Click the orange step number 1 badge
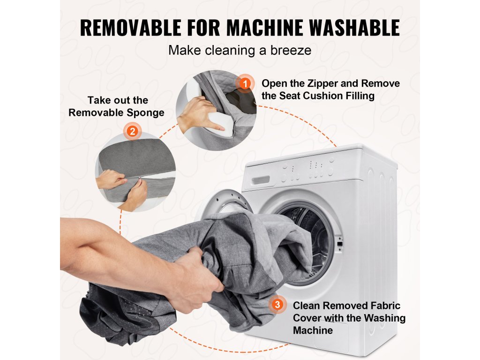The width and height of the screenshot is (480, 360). (x=245, y=83)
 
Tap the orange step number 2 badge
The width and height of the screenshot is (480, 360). (x=132, y=131)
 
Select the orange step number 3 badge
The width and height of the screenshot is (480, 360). (x=277, y=305)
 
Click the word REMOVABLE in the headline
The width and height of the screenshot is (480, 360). (x=131, y=28)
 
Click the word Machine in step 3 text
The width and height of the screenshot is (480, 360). (x=313, y=330)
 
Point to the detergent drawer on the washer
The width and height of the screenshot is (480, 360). (x=260, y=180)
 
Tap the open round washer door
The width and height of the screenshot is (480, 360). (x=226, y=202)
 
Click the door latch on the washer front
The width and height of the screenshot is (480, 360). (x=339, y=243)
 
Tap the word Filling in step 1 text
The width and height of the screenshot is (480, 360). (x=360, y=96)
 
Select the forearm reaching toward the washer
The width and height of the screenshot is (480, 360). (x=120, y=248)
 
